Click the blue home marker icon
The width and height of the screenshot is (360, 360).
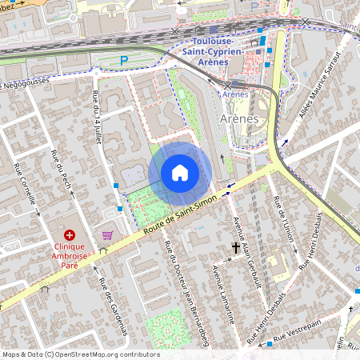(x=180, y=173)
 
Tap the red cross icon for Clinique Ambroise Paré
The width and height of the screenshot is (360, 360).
(x=70, y=235)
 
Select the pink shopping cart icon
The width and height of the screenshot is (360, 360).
(x=107, y=235)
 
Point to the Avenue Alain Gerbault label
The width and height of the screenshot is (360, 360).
(x=246, y=251)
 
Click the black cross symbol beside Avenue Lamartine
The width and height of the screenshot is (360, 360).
(x=236, y=248)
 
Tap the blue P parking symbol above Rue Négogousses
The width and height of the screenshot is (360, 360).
(x=122, y=60)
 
